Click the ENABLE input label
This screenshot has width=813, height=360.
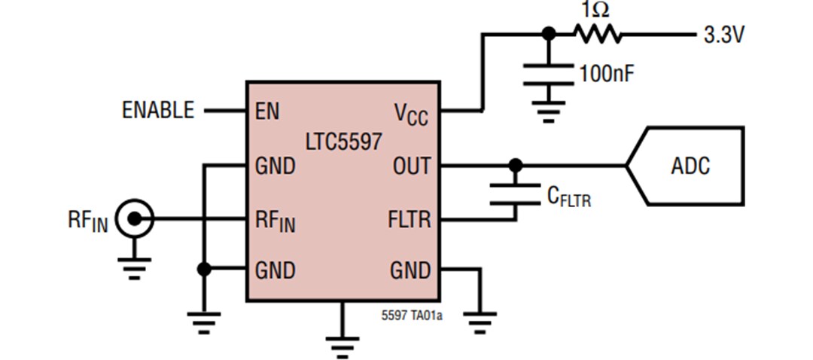[157, 111]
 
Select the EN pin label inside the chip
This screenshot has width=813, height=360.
[266, 111]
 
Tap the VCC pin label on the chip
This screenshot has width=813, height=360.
[411, 114]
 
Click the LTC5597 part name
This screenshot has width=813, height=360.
[343, 141]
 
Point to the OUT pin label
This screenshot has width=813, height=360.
[411, 166]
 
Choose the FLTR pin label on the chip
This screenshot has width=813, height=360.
[409, 220]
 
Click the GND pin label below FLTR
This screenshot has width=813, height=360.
[410, 270]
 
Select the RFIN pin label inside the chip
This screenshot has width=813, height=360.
[275, 222]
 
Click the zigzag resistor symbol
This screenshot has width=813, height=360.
[597, 34]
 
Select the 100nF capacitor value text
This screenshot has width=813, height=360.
[607, 74]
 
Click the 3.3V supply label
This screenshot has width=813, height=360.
[723, 35]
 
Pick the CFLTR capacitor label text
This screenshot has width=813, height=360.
[568, 197]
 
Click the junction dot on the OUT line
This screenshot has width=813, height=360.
[515, 165]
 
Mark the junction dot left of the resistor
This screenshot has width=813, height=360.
[549, 34]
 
